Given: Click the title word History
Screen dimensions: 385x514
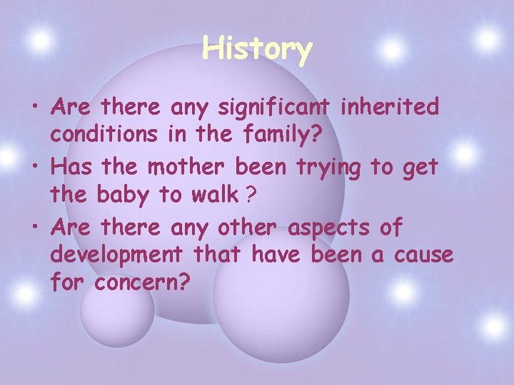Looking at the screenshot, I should point(257,49).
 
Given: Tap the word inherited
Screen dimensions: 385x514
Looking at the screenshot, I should point(390,108).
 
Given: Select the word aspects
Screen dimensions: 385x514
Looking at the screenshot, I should point(328,228).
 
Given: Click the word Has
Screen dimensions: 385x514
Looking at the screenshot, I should point(72,168).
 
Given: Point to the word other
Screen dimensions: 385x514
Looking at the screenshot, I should point(246,228).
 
